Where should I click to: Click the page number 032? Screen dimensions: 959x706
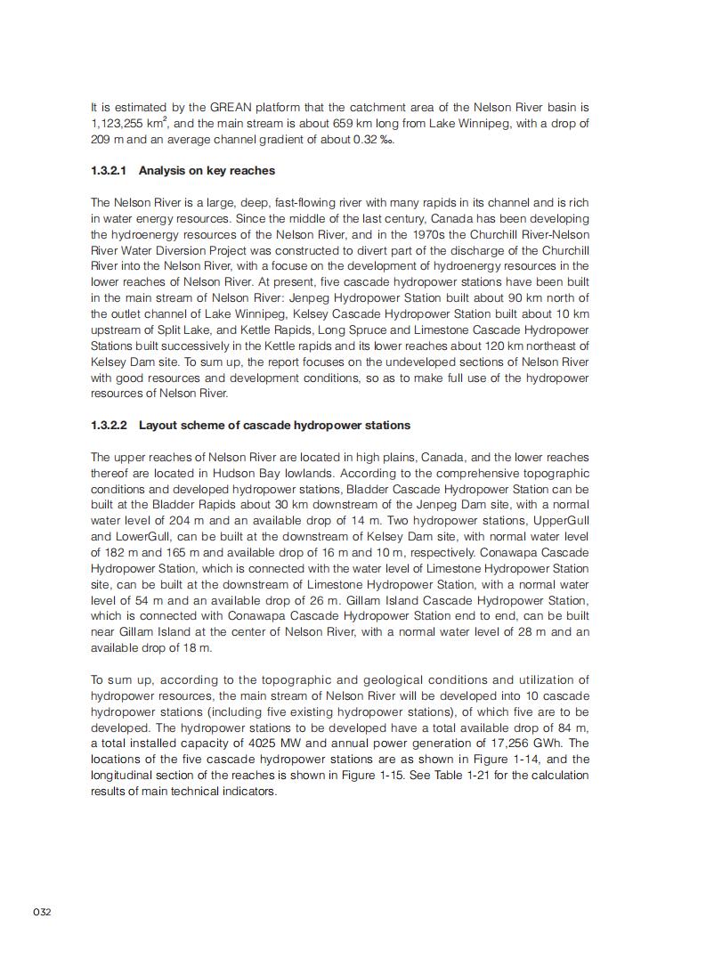click(43, 912)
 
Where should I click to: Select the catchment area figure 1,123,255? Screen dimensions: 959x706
click(120, 124)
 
